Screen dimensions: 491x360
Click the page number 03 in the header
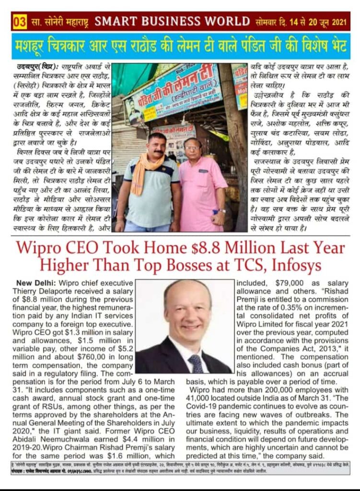20,22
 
